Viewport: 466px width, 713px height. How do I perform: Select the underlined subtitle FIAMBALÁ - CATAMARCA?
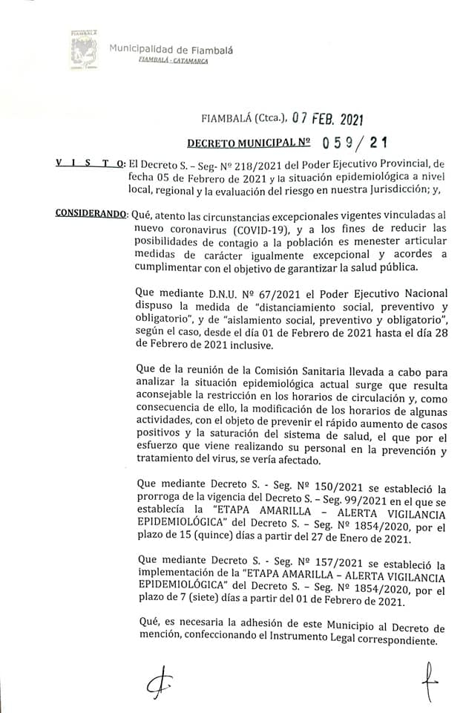click(x=173, y=60)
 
